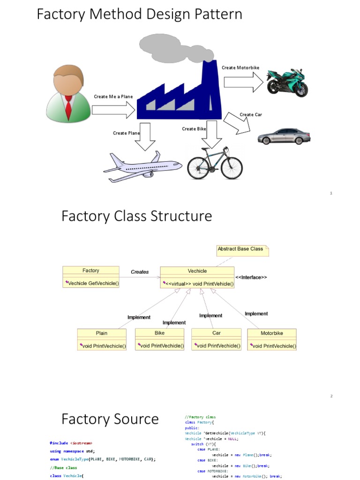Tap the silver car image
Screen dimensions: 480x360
[284, 136]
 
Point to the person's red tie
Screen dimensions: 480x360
[68, 107]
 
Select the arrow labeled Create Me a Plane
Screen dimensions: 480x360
[113, 110]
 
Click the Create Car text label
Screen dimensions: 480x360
[251, 114]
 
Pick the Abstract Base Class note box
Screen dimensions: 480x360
[242, 249]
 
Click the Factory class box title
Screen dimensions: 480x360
[90, 270]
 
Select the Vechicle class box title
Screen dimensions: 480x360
[197, 271]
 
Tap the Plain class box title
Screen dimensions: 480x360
[102, 333]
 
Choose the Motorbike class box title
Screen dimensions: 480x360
[272, 333]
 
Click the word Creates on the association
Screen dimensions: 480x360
[140, 271]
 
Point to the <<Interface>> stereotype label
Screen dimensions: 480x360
[251, 277]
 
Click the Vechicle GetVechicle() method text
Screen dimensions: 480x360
[93, 283]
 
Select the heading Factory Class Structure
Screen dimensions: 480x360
[136, 217]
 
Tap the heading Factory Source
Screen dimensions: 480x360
[110, 419]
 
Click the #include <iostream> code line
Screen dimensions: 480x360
[74, 442]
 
